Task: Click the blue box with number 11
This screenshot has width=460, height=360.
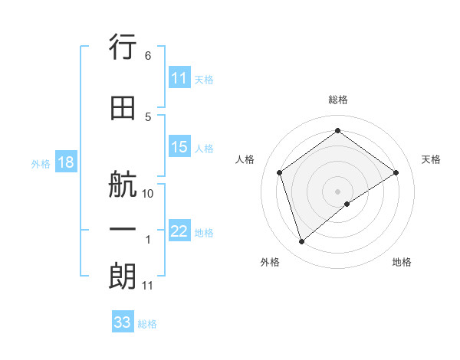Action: pyautogui.click(x=179, y=78)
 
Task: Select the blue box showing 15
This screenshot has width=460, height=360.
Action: pyautogui.click(x=179, y=148)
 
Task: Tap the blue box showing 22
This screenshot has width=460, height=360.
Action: pyautogui.click(x=179, y=232)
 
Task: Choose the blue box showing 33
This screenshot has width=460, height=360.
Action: pyautogui.click(x=123, y=322)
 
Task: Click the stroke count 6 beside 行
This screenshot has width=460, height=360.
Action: pyautogui.click(x=148, y=56)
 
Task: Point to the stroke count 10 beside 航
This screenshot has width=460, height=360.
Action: pyautogui.click(x=149, y=194)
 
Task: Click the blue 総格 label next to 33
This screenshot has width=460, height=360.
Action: pyautogui.click(x=148, y=324)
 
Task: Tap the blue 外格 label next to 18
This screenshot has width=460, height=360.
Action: pyautogui.click(x=41, y=163)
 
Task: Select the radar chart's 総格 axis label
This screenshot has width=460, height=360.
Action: pyautogui.click(x=337, y=100)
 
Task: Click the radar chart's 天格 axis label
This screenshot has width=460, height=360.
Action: pyautogui.click(x=432, y=159)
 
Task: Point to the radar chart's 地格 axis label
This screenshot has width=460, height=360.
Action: pyautogui.click(x=402, y=262)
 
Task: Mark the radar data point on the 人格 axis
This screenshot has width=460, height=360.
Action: pyautogui.click(x=280, y=172)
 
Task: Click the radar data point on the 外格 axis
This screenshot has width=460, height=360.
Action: pyautogui.click(x=301, y=242)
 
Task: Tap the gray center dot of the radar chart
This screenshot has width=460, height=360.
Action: pyautogui.click(x=337, y=191)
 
